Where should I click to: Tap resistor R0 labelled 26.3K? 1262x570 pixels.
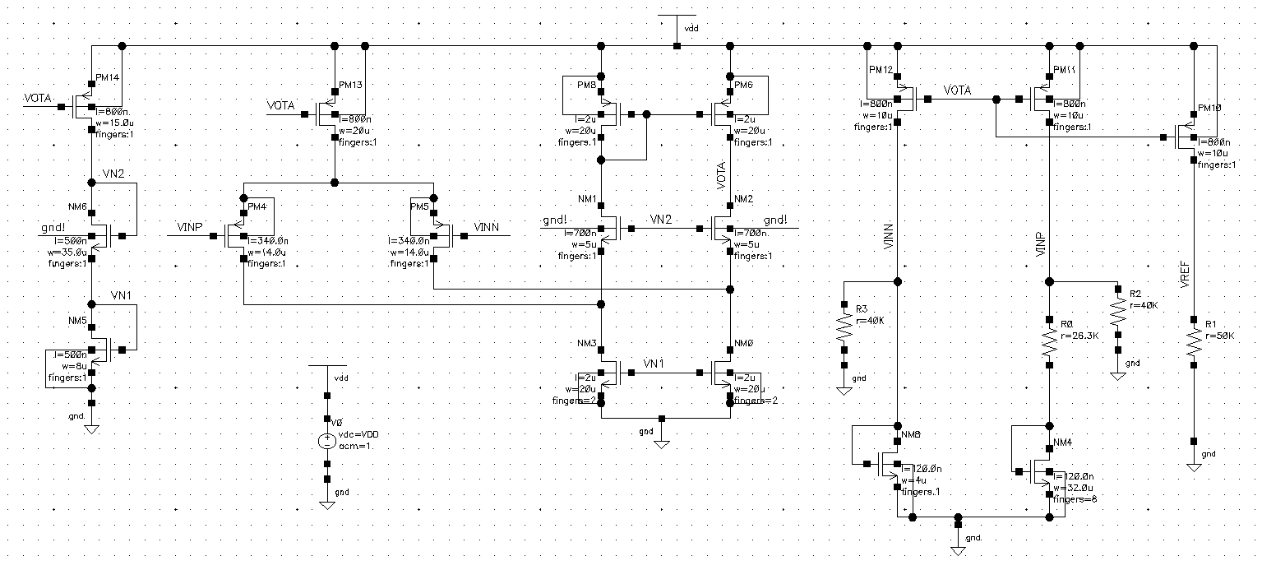click(1050, 341)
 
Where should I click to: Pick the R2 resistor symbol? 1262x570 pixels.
click(1117, 312)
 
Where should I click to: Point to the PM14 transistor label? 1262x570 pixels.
click(108, 77)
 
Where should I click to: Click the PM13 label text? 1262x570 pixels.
click(351, 85)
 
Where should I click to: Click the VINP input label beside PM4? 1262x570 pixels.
click(189, 226)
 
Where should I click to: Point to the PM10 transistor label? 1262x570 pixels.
click(1210, 109)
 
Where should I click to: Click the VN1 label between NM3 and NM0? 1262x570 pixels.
click(654, 364)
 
